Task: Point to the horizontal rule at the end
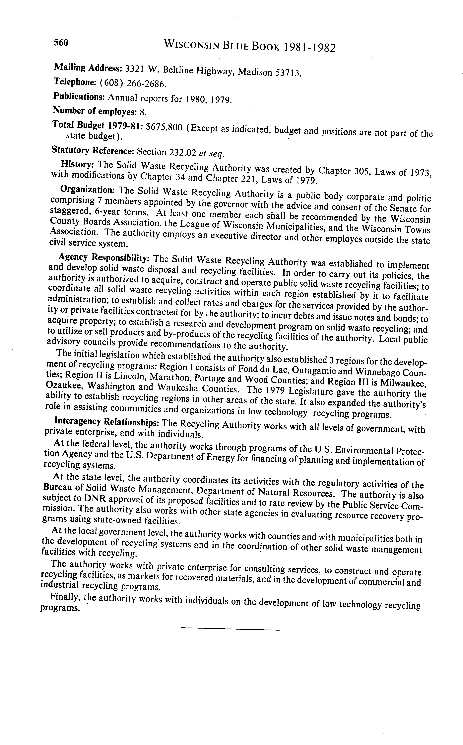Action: [230, 630]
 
